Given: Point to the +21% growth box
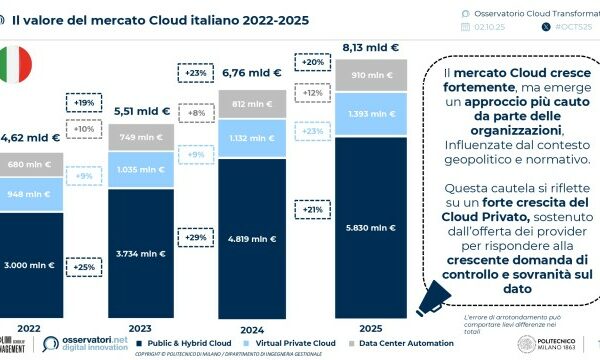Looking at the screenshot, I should pyautogui.click(x=311, y=209).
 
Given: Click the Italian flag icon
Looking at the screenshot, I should pyautogui.click(x=14, y=64).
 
